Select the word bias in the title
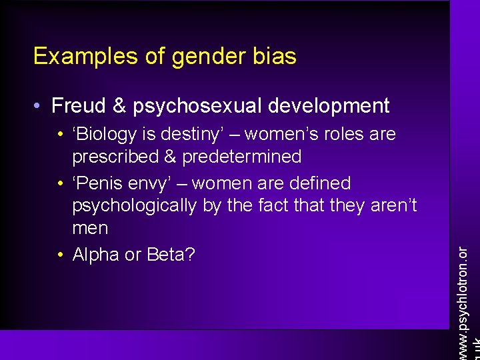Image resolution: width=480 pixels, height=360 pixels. [x=274, y=57]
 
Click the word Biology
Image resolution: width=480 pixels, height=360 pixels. [x=109, y=134]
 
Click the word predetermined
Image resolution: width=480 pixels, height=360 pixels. [x=242, y=157]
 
